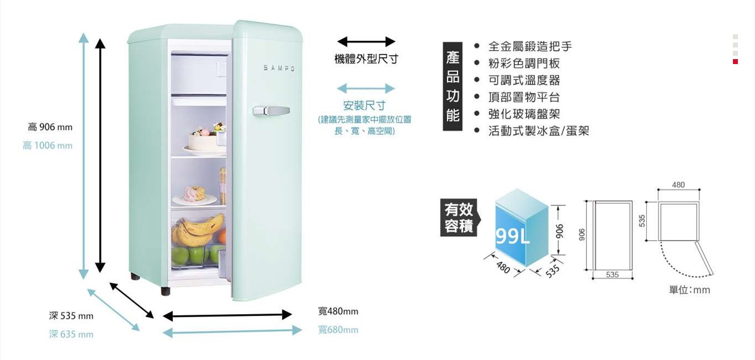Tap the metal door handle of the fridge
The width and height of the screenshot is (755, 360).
(271, 110)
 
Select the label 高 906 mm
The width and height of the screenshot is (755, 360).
(50, 128)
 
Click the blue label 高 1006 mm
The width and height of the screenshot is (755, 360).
(47, 146)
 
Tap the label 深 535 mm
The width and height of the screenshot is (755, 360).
(71, 316)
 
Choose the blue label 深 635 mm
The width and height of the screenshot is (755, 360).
(71, 335)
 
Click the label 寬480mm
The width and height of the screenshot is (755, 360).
(338, 311)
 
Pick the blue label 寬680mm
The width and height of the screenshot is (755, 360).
(338, 330)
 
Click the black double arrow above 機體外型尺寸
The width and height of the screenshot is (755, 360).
(366, 41)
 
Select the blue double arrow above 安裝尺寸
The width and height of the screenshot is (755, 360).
(366, 88)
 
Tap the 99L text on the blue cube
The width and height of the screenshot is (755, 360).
(513, 236)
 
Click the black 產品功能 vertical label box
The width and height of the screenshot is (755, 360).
(453, 87)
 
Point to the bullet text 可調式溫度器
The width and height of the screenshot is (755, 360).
(524, 80)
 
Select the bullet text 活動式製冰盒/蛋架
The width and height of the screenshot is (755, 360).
(539, 131)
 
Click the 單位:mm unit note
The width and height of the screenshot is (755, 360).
(689, 290)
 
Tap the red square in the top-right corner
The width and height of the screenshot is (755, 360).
(735, 62)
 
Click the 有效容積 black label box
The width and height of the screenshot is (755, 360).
(459, 218)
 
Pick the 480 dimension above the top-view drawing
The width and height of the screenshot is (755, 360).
(679, 184)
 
